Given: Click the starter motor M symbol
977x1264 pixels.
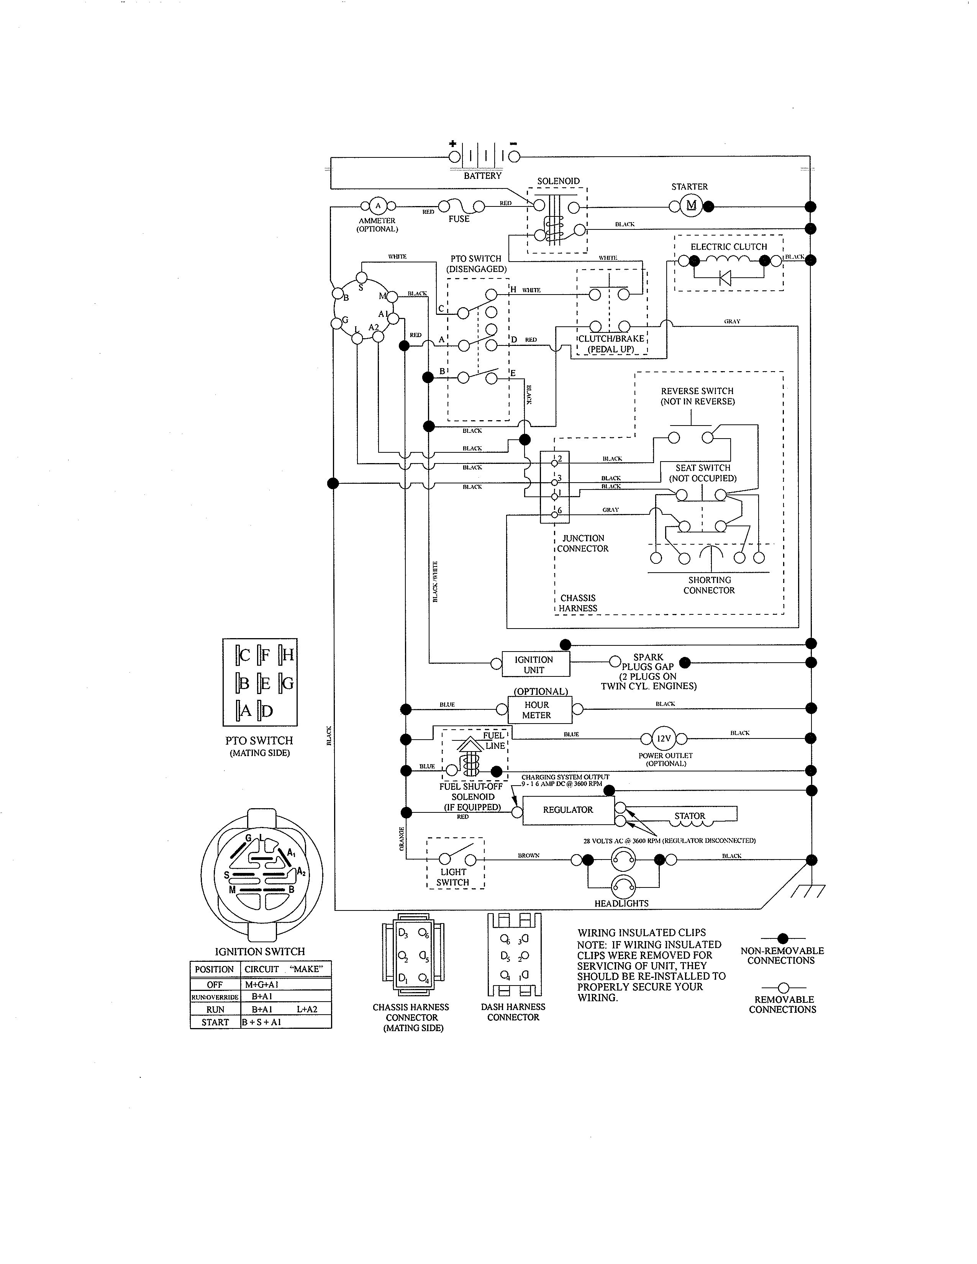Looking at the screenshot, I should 690,205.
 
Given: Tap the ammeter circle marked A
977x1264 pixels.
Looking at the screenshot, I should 378,205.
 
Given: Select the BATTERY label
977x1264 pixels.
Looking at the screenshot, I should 482,175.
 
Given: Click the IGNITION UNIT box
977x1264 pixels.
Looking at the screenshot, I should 534,665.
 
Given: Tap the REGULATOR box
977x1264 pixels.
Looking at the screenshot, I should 568,810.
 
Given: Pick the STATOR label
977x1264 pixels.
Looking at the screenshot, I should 689,815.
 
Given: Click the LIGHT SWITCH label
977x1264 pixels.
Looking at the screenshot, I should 453,877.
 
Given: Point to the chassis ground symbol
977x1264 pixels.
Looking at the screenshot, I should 808,891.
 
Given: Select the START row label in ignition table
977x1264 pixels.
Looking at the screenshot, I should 215,1022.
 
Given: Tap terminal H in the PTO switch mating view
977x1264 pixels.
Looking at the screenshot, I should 287,655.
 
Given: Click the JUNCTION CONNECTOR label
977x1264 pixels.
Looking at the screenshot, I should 582,544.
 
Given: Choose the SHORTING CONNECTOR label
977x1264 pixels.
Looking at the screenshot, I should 709,585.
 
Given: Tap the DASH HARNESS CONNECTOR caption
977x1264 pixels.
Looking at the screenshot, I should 513,1012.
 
